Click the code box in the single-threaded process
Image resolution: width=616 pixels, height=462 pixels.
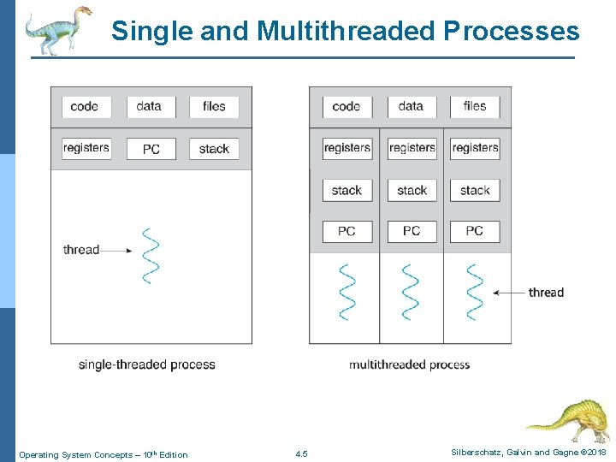click(85, 107)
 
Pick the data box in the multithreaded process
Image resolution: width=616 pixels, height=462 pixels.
click(411, 107)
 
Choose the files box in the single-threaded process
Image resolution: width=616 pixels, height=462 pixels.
click(214, 107)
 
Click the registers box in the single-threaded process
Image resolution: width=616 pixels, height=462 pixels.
click(86, 148)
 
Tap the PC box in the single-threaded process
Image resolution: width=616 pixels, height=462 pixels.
click(151, 149)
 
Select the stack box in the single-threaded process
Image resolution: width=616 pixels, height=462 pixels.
click(214, 149)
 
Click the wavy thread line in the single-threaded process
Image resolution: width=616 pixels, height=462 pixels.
click(151, 255)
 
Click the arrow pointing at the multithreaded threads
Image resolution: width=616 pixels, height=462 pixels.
click(508, 293)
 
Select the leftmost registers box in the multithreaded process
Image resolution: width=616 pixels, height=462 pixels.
click(346, 148)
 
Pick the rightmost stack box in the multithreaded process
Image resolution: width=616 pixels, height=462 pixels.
click(475, 190)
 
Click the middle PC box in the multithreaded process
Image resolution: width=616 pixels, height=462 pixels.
click(411, 231)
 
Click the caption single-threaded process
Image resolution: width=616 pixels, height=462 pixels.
click(146, 364)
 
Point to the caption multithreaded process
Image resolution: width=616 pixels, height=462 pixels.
click(409, 364)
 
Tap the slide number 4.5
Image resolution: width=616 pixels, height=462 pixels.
click(300, 454)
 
